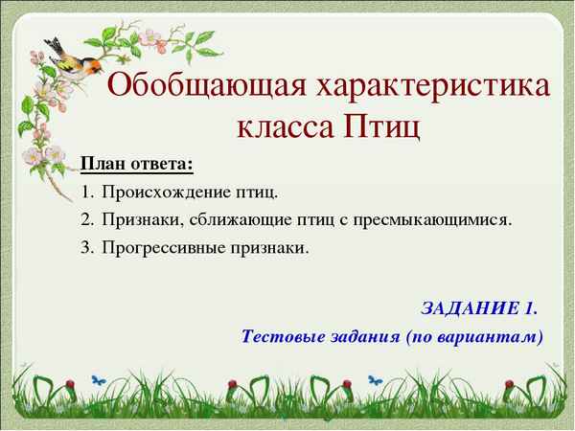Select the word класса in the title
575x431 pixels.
pos(285,126)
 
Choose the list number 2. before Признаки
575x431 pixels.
pos(87,219)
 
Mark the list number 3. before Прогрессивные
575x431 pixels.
pos(87,247)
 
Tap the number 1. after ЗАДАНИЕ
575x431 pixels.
pos(530,308)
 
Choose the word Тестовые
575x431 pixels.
pos(280,336)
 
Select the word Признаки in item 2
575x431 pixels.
pos(139,219)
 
